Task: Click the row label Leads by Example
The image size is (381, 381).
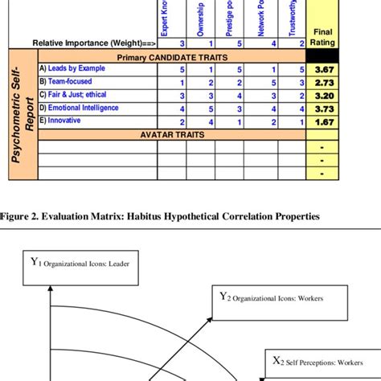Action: (77, 69)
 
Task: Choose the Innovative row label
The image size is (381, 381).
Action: (66, 121)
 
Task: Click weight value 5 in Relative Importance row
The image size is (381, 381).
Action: (239, 43)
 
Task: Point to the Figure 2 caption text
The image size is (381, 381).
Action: (161, 216)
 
